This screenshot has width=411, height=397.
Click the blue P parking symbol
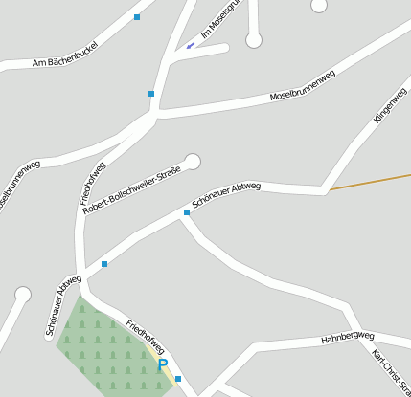163,365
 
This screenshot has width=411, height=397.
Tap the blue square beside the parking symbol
178,379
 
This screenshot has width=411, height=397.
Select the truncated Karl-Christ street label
391,372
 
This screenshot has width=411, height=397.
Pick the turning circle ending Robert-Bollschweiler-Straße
194,162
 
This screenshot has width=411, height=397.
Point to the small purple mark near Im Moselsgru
190,45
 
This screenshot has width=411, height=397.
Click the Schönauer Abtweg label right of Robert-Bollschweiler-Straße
226,194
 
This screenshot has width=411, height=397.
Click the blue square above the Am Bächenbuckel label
137,17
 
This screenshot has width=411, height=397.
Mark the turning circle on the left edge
23,295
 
